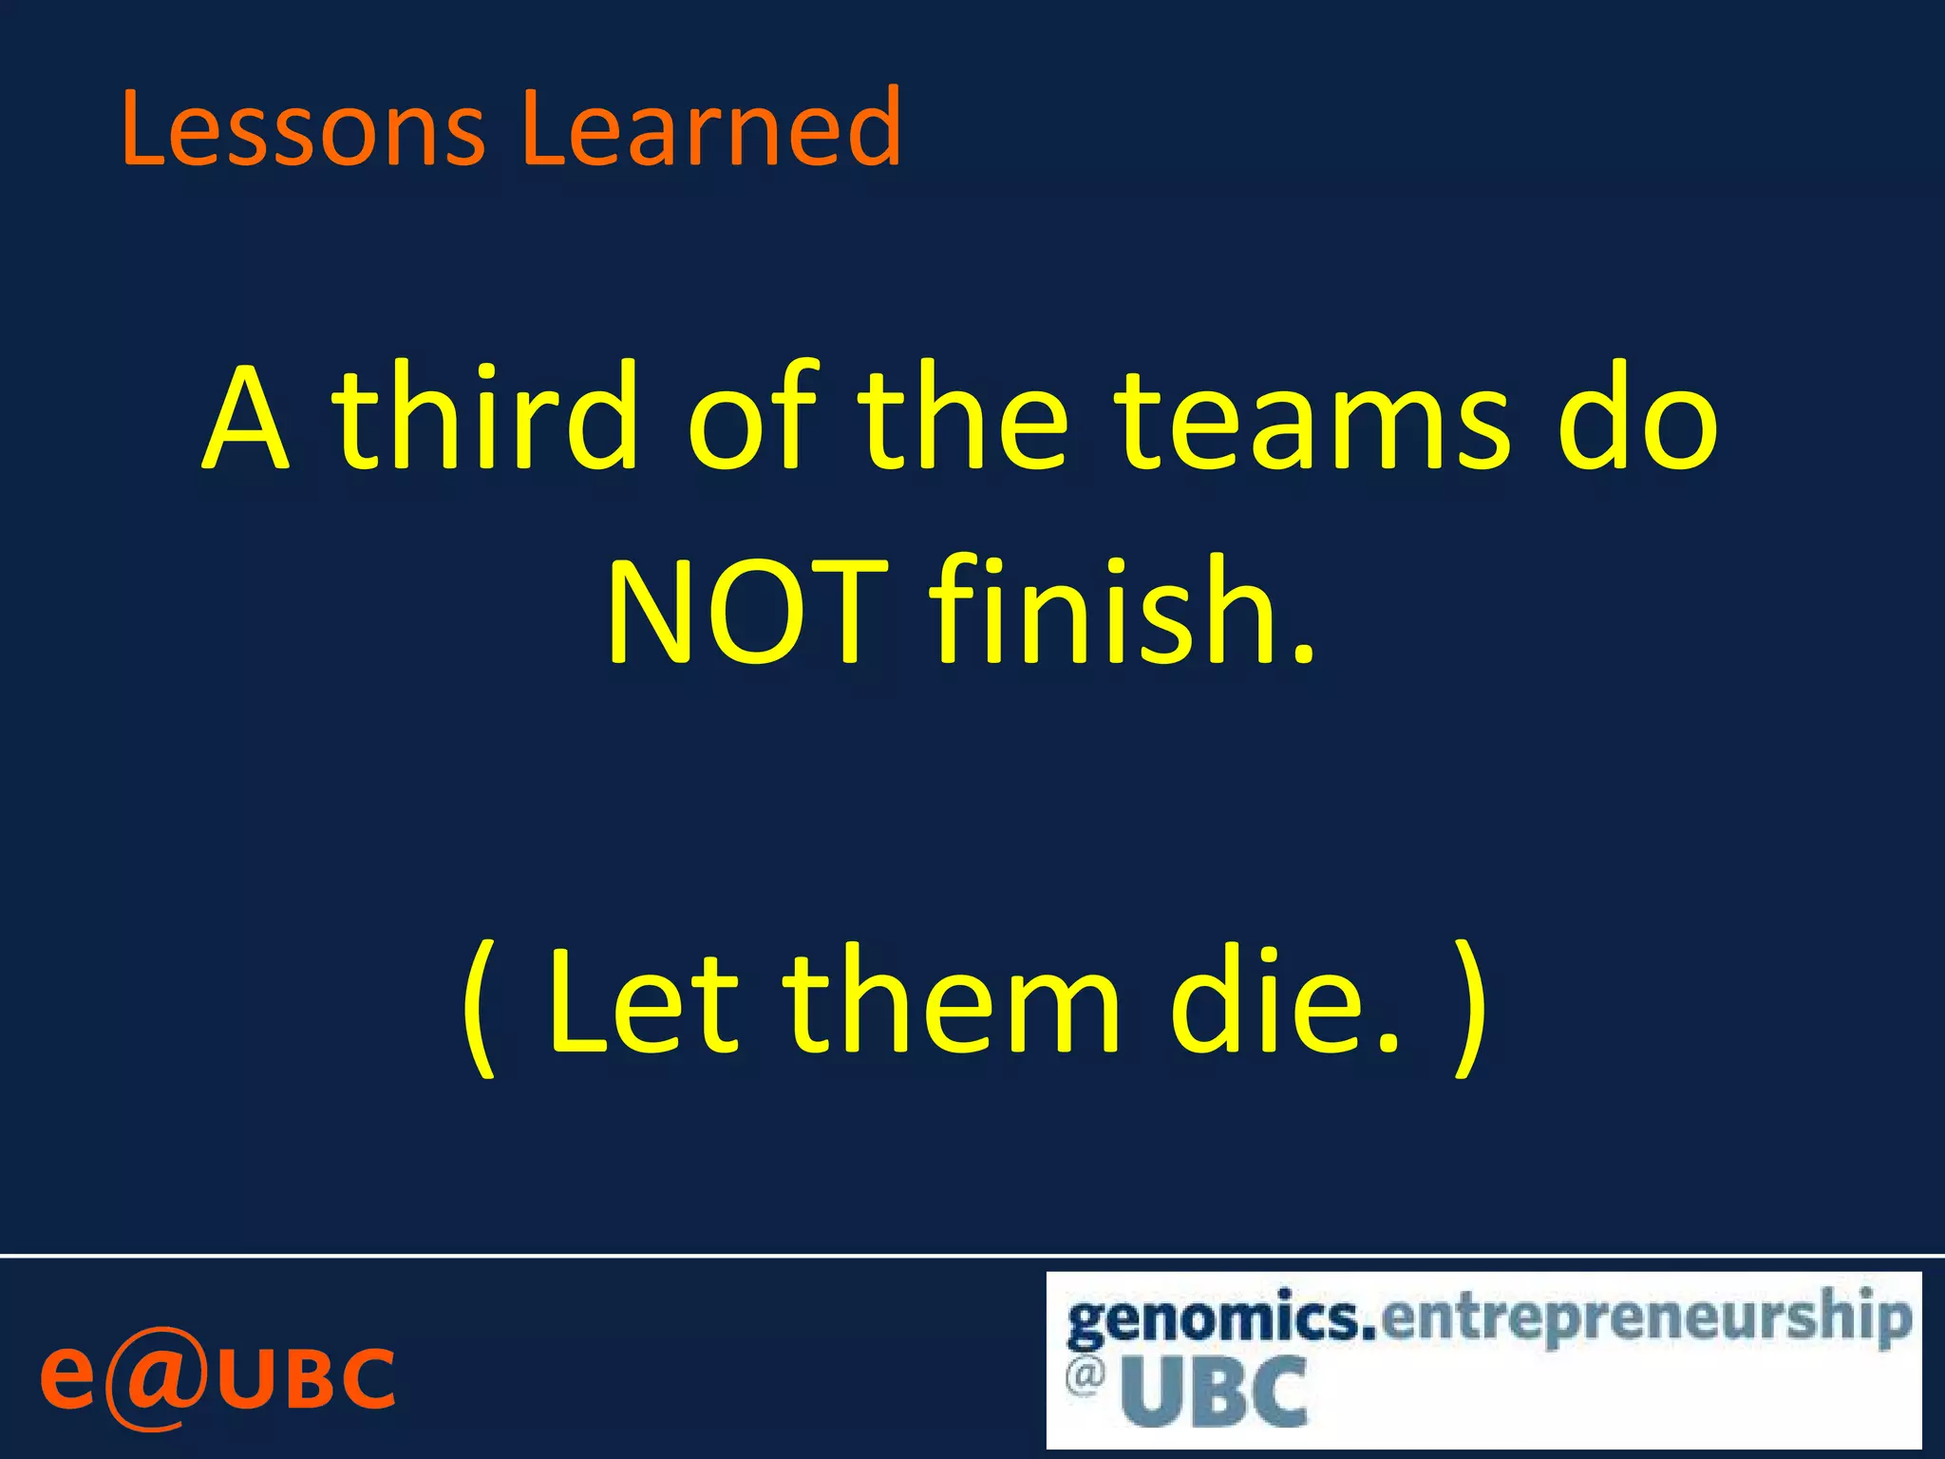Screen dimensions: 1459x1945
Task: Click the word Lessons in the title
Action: point(302,128)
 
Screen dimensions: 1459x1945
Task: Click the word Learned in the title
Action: point(710,128)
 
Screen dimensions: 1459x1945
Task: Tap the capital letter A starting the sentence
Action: point(245,418)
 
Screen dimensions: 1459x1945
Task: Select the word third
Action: point(484,418)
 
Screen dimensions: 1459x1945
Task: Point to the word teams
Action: point(1311,418)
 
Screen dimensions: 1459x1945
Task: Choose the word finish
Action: point(1121,613)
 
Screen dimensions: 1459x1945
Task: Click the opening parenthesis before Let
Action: point(480,1007)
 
